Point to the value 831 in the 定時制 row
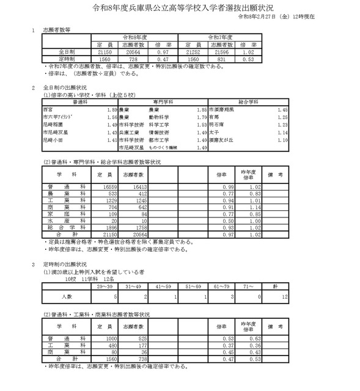(227, 59)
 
